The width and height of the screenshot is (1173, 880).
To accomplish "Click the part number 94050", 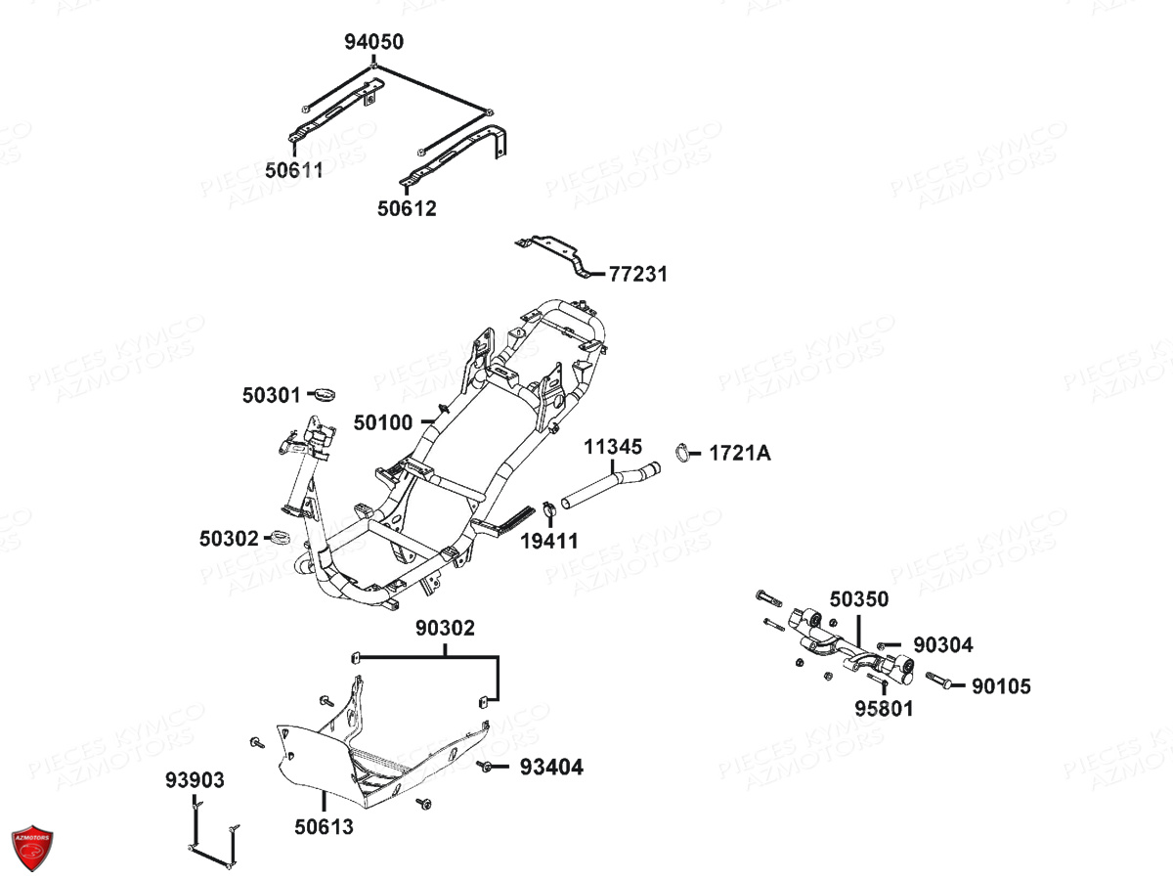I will tap(372, 42).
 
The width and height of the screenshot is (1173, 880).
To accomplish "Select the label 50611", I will tap(293, 170).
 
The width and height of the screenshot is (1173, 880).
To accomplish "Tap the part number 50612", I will tap(407, 208).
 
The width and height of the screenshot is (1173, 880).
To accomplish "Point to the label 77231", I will tap(638, 274).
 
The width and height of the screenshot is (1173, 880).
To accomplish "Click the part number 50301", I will tap(272, 395).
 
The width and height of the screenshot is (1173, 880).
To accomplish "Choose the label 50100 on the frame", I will tap(383, 422).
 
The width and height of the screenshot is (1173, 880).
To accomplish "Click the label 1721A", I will tap(739, 453).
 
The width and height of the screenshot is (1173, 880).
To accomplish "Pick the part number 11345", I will tap(613, 447).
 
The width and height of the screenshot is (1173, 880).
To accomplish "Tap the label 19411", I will tap(548, 540).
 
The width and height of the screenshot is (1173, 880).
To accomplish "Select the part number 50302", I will tap(229, 538).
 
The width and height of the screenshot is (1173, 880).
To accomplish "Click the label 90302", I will tap(445, 628).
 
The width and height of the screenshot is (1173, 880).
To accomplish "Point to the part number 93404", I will tap(551, 768).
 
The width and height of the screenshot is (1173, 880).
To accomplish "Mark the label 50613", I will tap(324, 827).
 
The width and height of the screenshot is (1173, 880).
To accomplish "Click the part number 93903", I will tap(195, 780).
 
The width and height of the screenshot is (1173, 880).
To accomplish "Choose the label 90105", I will tap(1001, 686).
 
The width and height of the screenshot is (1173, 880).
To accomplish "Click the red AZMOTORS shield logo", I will tap(32, 847).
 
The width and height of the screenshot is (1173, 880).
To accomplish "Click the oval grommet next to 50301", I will tap(322, 394).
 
